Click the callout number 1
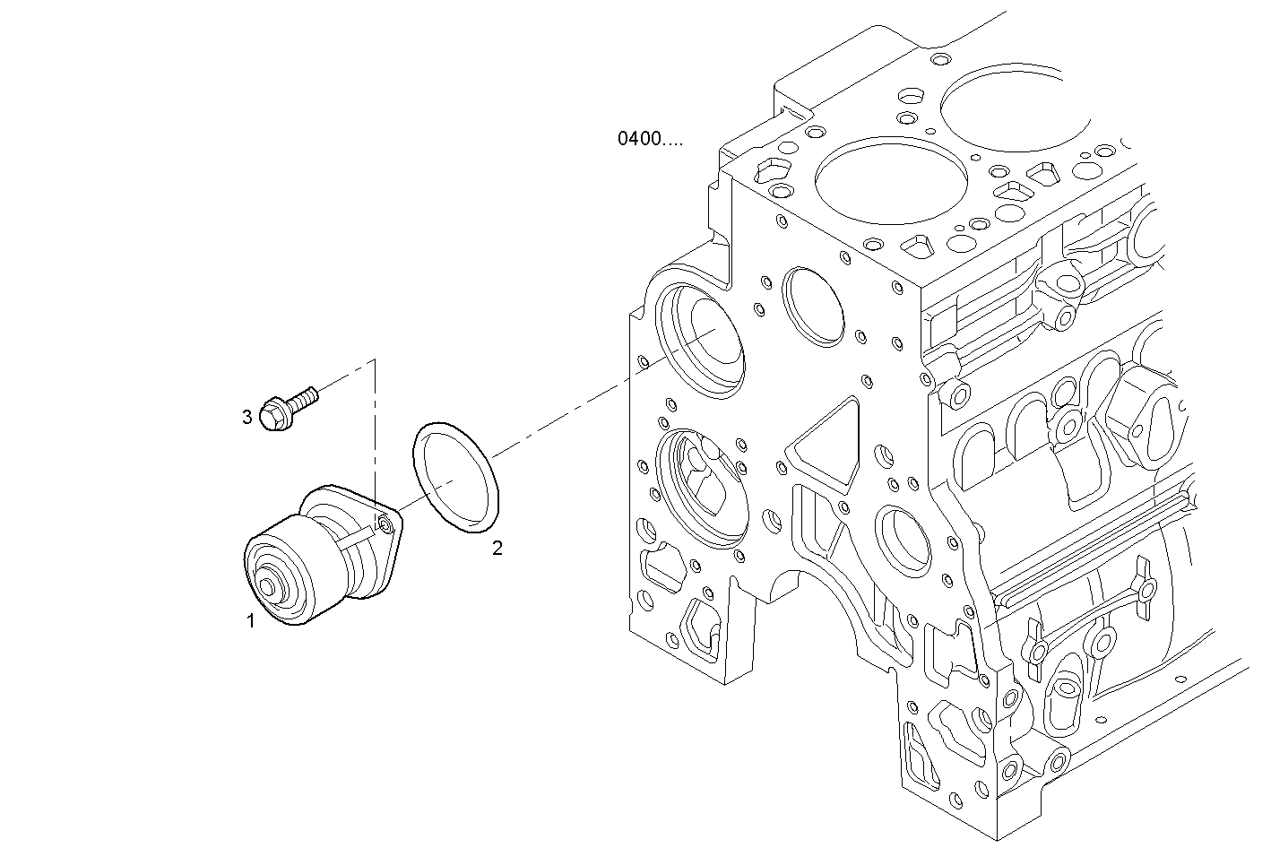click(x=251, y=620)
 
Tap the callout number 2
click(x=497, y=548)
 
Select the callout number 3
click(x=246, y=417)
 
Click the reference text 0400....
click(x=649, y=139)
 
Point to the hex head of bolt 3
click(x=273, y=415)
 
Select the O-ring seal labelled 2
click(x=455, y=480)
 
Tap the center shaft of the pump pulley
click(x=267, y=587)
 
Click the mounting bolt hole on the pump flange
click(x=385, y=524)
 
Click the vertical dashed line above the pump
click(x=375, y=430)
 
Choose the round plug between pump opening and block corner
click(x=814, y=306)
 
